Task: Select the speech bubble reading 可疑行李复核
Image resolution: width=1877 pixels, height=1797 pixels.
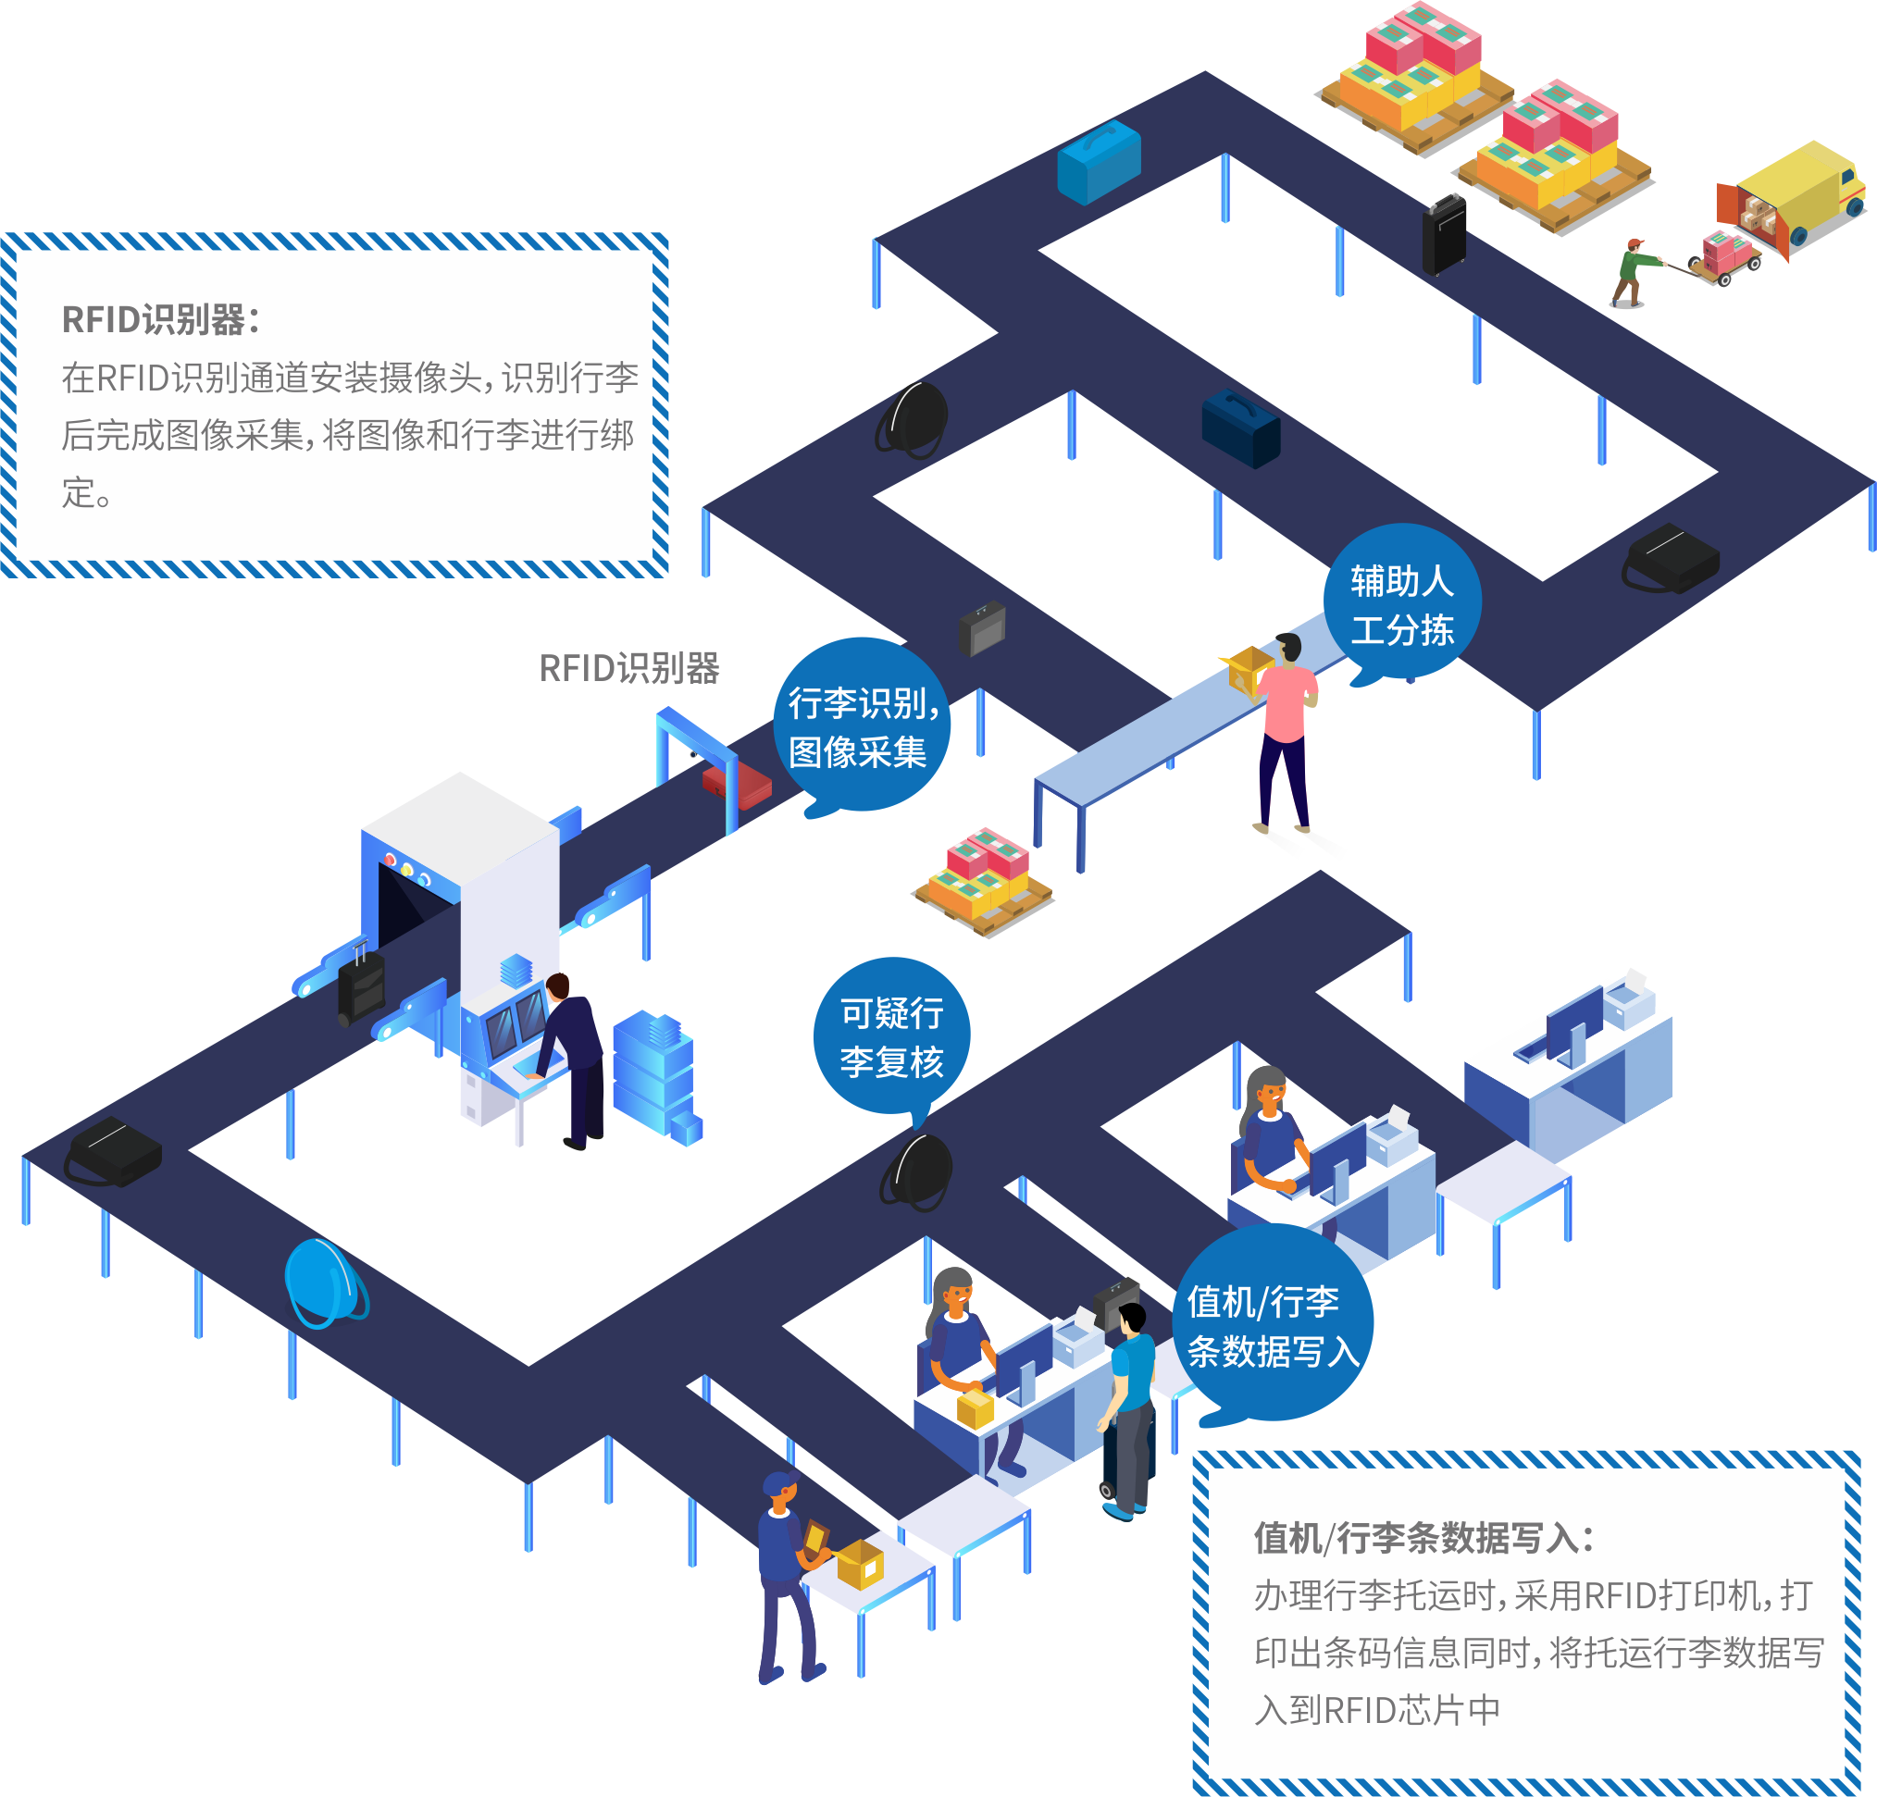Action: [891, 1038]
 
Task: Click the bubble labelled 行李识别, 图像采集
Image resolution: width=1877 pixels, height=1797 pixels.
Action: [862, 726]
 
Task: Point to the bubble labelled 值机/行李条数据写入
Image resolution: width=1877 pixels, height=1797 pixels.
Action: [1273, 1324]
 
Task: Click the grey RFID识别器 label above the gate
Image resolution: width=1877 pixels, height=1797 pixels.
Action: [629, 668]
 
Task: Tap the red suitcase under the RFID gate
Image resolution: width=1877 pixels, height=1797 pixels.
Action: [737, 783]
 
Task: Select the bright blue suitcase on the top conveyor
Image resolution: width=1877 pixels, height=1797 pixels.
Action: [1099, 162]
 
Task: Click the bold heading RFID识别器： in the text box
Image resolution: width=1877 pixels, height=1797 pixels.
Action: [161, 320]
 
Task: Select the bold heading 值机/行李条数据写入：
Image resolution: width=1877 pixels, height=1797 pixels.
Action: [1424, 1538]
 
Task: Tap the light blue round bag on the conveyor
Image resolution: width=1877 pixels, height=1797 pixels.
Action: [326, 1283]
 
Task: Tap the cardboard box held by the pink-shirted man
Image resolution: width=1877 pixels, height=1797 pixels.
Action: [1247, 669]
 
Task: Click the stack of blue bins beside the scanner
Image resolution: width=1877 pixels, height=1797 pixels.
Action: [657, 1076]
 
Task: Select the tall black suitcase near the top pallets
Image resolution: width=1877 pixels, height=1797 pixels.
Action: [1444, 234]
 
